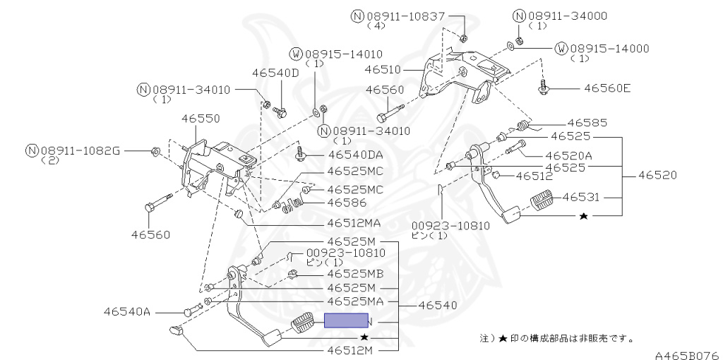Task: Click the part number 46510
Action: pyautogui.click(x=383, y=70)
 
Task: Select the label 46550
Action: pyautogui.click(x=201, y=119)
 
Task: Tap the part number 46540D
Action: pyautogui.click(x=276, y=73)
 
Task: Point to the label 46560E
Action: pyautogui.click(x=607, y=89)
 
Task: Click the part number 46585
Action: pyautogui.click(x=587, y=123)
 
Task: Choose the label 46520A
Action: pyautogui.click(x=568, y=155)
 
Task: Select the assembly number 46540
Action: pyautogui.click(x=437, y=306)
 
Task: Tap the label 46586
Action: pyautogui.click(x=347, y=203)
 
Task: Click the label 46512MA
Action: pyautogui.click(x=354, y=223)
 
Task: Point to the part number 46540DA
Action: pyautogui.click(x=354, y=155)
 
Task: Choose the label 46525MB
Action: pyautogui.click(x=355, y=274)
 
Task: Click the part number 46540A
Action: pyautogui.click(x=127, y=311)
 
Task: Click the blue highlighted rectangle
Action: pyautogui.click(x=346, y=321)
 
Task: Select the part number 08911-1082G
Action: pyautogui.click(x=80, y=150)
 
